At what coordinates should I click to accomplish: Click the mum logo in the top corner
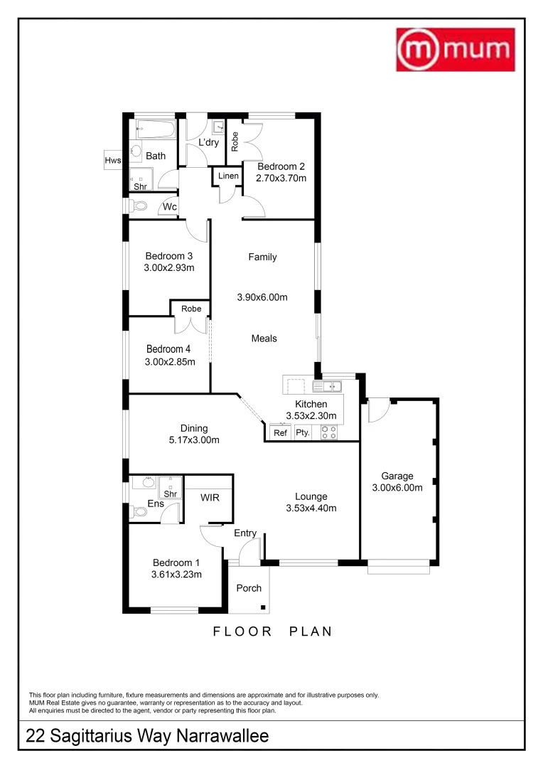pyautogui.click(x=455, y=50)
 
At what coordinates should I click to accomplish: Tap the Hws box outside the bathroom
pyautogui.click(x=113, y=161)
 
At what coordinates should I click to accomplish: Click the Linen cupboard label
pyautogui.click(x=228, y=176)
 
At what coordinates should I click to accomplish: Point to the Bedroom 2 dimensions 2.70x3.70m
pyautogui.click(x=281, y=178)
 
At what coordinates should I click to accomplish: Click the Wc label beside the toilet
pyautogui.click(x=170, y=207)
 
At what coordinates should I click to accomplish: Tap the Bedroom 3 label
pyautogui.click(x=169, y=256)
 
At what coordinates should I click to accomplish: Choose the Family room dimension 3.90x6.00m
pyautogui.click(x=262, y=297)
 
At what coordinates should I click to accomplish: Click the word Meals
pyautogui.click(x=264, y=338)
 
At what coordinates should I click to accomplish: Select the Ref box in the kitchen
pyautogui.click(x=280, y=432)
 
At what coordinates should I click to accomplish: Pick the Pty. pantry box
pyautogui.click(x=303, y=432)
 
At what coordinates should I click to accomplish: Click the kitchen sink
pyautogui.click(x=327, y=386)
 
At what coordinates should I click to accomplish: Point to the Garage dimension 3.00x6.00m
pyautogui.click(x=397, y=488)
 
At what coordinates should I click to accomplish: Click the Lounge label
pyautogui.click(x=311, y=496)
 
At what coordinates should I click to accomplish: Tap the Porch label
pyautogui.click(x=249, y=588)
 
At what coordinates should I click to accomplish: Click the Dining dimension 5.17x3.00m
pyautogui.click(x=193, y=439)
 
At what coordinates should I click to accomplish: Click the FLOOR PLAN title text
pyautogui.click(x=273, y=631)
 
